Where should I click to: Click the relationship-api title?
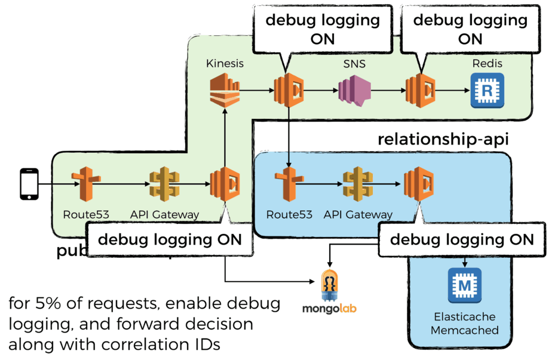(x=443, y=140)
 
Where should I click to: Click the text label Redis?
(x=487, y=63)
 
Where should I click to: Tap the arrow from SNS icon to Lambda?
(x=388, y=91)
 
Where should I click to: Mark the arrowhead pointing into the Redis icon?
(x=465, y=91)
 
